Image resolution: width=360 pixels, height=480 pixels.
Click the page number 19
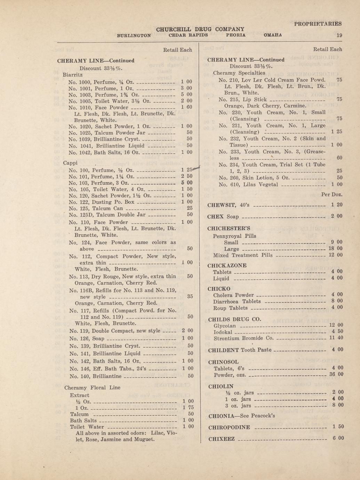339,35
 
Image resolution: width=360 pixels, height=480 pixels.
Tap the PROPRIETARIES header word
318,24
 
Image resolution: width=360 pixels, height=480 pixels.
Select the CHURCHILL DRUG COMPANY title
200,29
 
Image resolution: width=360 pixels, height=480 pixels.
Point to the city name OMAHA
273,35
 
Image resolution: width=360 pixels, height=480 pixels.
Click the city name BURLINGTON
134,35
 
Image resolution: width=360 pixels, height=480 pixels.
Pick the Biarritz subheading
73,74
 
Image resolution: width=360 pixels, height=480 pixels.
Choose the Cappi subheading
70,163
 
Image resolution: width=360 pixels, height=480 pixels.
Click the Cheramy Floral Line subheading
92,387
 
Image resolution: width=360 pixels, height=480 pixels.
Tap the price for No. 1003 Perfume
186,94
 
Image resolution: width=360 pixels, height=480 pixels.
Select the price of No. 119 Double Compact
187,331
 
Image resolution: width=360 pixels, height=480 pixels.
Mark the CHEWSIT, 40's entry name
228,205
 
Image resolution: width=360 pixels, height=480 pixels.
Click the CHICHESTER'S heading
229,229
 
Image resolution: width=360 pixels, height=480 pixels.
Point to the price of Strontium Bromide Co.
336,338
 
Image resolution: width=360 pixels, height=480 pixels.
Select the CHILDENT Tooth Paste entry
239,350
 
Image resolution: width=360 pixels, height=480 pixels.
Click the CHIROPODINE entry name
229,427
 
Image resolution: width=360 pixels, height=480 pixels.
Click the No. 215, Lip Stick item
243,99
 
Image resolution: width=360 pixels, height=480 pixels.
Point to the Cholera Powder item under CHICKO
233,295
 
